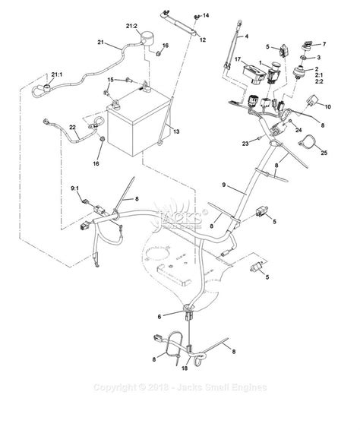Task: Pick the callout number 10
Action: click(328, 107)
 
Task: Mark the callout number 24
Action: click(299, 131)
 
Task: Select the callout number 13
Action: click(176, 132)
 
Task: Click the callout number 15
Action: click(109, 79)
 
